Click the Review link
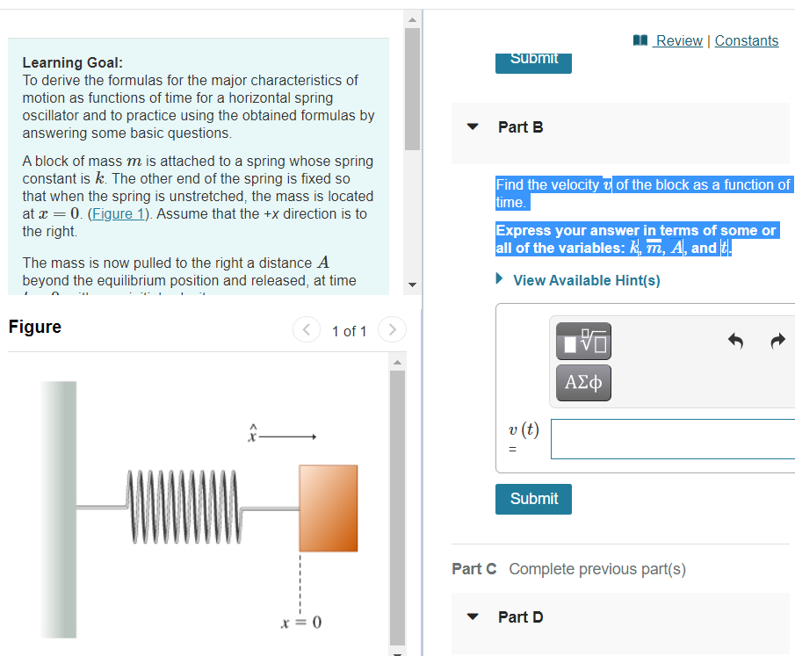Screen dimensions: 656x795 click(678, 40)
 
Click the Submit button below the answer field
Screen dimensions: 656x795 click(533, 499)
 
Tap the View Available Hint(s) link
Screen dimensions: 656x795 click(586, 280)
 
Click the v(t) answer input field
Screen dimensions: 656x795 click(672, 439)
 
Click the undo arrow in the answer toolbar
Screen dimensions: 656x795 click(738, 342)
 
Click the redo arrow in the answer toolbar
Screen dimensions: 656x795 click(777, 342)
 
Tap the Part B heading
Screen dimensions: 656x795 click(520, 127)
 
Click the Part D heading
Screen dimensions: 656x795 click(520, 617)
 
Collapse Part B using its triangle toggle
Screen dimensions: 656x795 click(473, 127)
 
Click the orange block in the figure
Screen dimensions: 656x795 click(328, 508)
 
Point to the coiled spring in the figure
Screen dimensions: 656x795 click(183, 508)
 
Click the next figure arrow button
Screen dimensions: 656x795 click(392, 330)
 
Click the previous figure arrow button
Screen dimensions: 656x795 click(306, 330)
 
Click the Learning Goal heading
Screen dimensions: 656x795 click(72, 62)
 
